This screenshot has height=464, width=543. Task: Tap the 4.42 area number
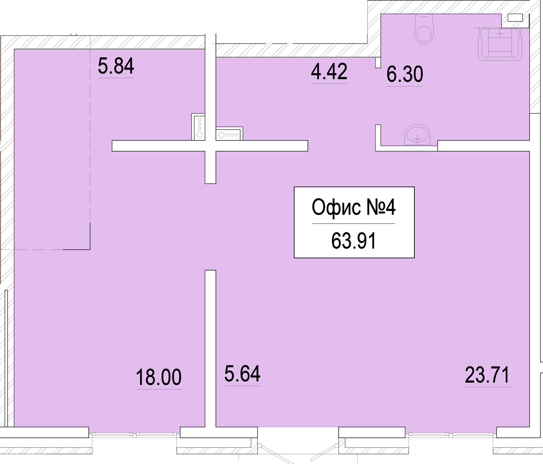coord(329,71)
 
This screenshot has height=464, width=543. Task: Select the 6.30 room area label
coord(405,74)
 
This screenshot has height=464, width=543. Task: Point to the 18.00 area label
coord(159,377)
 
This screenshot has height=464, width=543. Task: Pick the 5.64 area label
coord(242,374)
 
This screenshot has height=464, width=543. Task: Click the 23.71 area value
coord(487,375)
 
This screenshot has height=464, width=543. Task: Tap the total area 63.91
coord(354,241)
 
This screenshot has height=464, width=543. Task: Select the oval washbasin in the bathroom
coord(418,135)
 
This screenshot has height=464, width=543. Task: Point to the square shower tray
coord(500,44)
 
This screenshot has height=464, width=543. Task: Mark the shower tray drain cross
coord(500,34)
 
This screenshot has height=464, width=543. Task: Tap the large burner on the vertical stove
coord(199,134)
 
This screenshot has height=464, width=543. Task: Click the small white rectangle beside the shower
coord(515,18)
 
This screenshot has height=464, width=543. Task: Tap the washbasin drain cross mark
coord(418,139)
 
